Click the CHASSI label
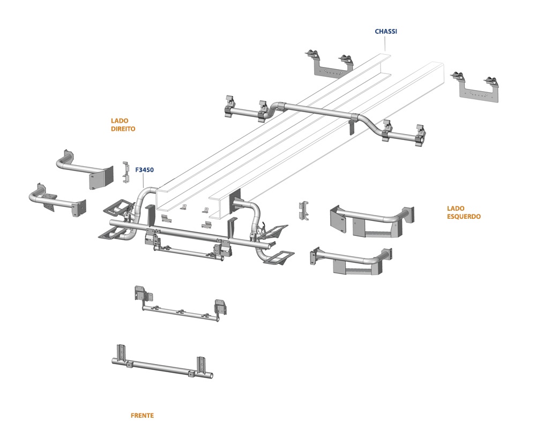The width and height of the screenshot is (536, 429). click(386, 32)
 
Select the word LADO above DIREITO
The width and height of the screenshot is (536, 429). click(120, 121)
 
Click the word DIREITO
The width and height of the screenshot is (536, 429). click(123, 129)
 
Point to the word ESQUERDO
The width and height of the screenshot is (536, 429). click(464, 217)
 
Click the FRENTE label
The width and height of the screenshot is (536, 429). click(142, 416)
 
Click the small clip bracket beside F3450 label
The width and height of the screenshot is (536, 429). click(126, 171)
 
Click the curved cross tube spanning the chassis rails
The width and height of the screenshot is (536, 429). click(322, 110)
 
